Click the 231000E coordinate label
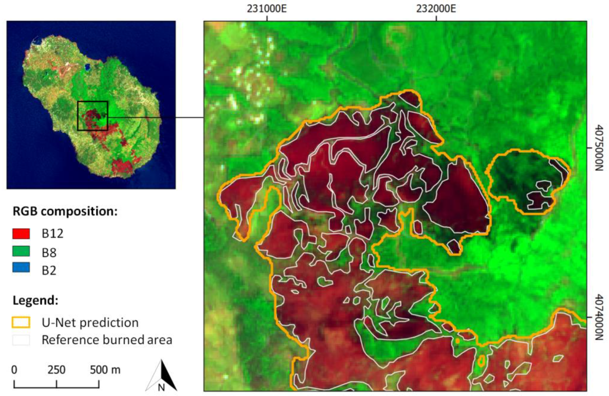[x=267, y=9]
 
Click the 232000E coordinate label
[x=436, y=9]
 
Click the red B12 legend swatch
[x=21, y=234]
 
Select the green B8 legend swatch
[x=21, y=251]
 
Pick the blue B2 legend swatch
[x=21, y=267]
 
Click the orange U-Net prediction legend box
[x=21, y=322]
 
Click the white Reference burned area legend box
[x=21, y=340]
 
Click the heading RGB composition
[x=65, y=212]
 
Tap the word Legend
[x=35, y=300]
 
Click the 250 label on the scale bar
[x=56, y=370]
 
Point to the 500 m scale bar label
[x=105, y=370]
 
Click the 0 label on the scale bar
[x=15, y=370]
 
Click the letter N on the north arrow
[x=161, y=388]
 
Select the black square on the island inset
[x=93, y=102]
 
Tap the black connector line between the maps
[x=156, y=118]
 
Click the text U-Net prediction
[x=90, y=323]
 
